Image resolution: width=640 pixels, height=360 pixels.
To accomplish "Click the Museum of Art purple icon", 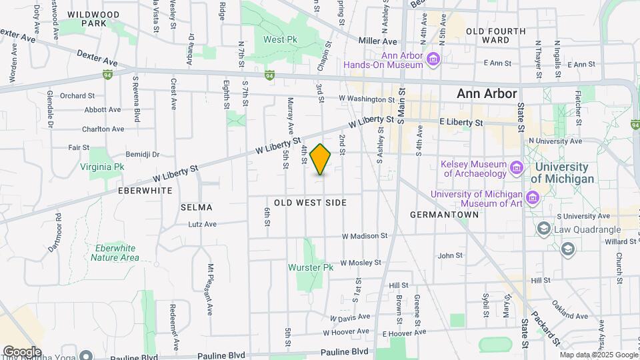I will (532, 197).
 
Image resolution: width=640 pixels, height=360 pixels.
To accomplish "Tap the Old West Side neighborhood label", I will (311, 202).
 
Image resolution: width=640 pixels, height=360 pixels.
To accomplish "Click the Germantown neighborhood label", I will (444, 215).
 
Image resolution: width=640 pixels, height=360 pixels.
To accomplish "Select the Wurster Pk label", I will (311, 267).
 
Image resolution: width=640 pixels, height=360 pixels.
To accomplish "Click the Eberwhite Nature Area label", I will (115, 253).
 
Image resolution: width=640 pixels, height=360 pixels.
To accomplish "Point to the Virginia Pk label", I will (102, 167).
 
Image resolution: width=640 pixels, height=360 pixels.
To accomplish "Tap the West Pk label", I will (280, 39).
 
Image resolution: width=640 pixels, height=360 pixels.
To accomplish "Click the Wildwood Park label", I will (94, 19).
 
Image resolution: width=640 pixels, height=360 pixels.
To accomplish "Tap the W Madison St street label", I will (365, 236).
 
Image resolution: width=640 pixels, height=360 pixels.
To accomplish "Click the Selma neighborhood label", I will (196, 207).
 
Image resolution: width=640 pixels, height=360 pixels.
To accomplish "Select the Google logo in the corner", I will (22, 351).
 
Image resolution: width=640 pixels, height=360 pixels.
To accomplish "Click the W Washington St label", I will (363, 99).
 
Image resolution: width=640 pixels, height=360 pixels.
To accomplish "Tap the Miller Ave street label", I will (377, 41).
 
